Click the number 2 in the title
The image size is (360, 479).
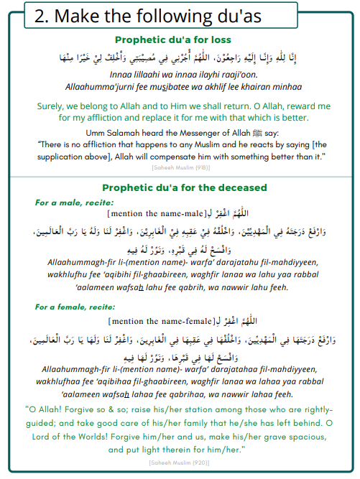click(42, 16)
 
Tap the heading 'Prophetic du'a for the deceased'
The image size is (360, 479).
click(183, 187)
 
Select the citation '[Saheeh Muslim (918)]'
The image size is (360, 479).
click(180, 167)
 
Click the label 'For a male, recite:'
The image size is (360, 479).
click(74, 203)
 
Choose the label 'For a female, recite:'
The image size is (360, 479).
click(78, 307)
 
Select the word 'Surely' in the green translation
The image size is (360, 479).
click(52, 106)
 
